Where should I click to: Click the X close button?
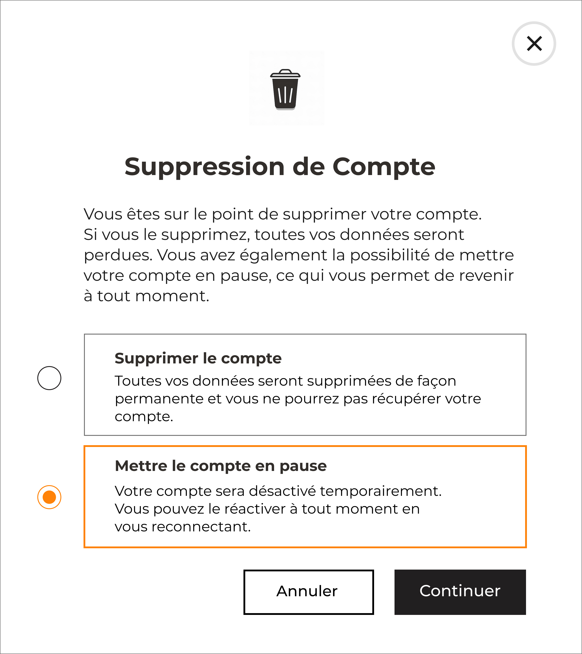tap(534, 44)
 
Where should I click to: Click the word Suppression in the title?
tap(204, 167)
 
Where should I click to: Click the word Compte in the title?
tap(384, 167)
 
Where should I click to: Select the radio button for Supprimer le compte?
tap(49, 378)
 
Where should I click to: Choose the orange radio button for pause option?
tap(49, 497)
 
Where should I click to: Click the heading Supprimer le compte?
tap(198, 358)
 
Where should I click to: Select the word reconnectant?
tap(201, 527)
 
